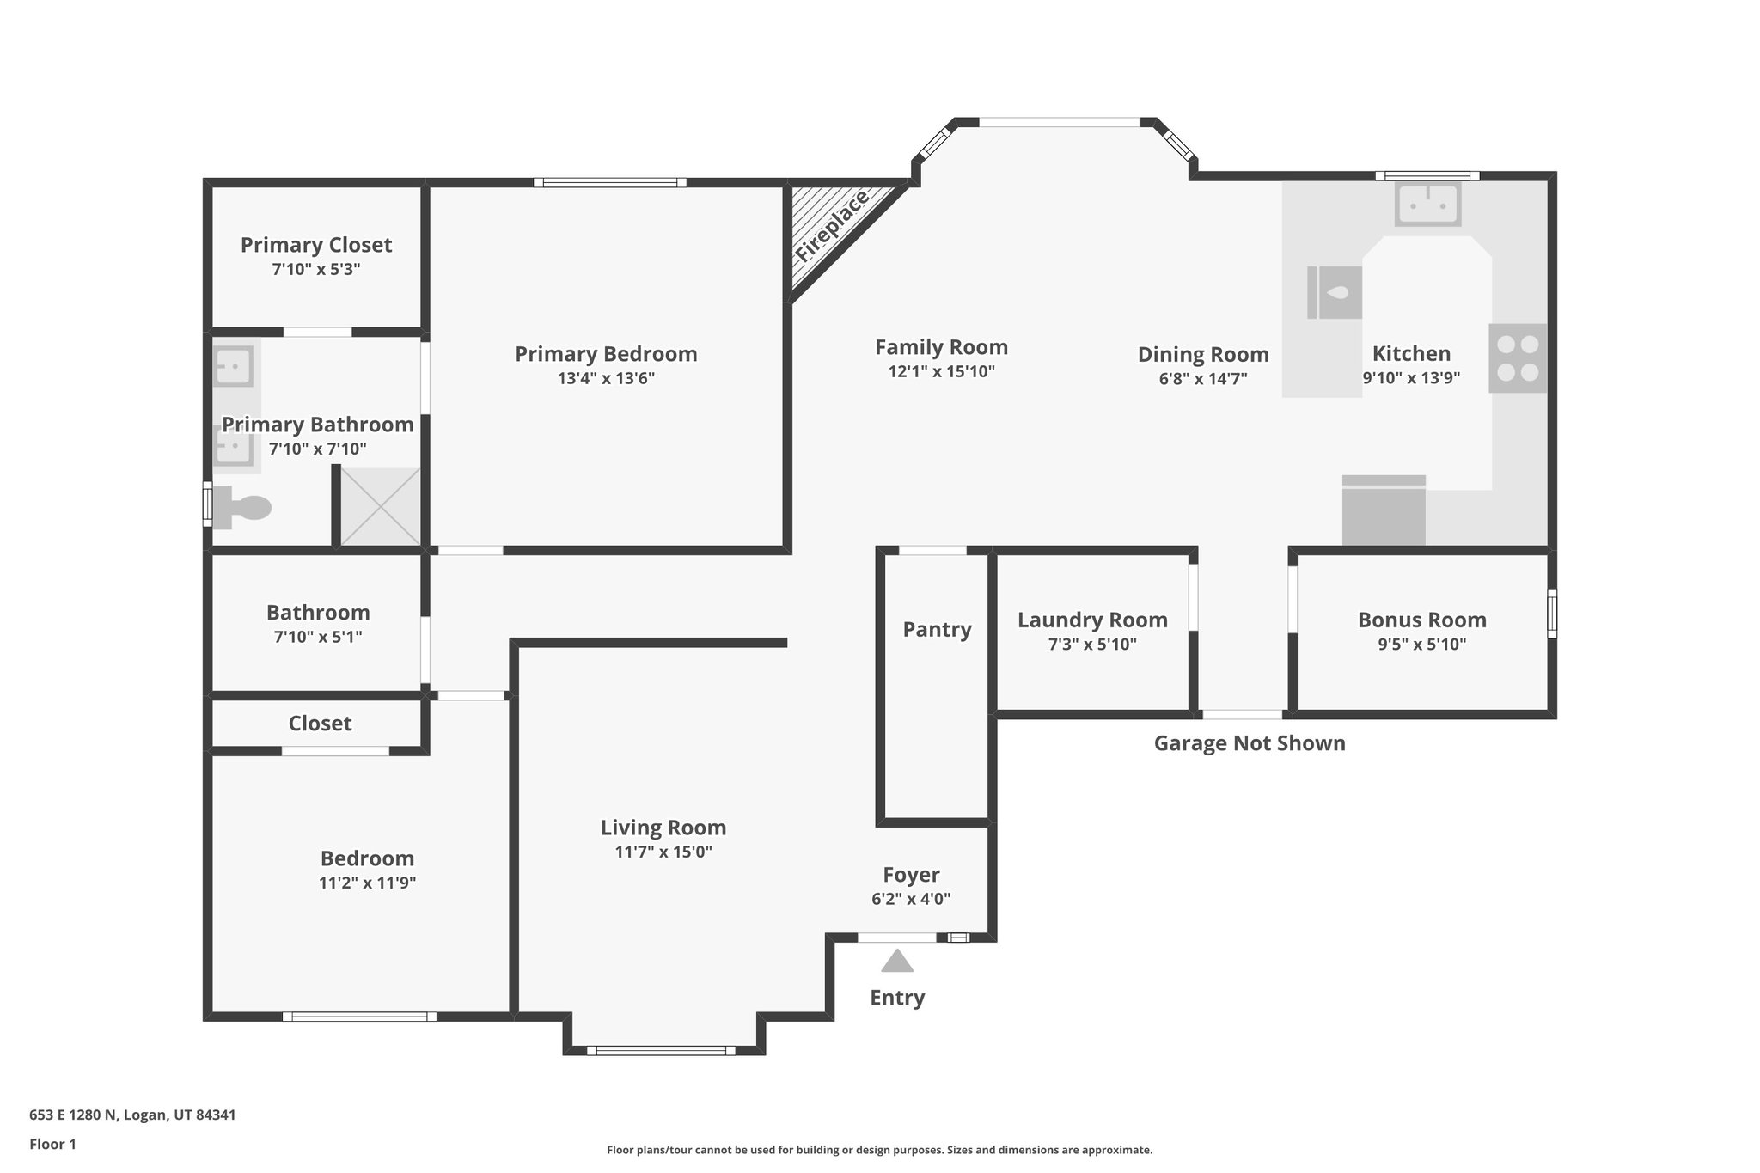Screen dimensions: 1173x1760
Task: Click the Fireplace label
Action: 832,227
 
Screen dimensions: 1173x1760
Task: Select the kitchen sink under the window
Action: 1427,205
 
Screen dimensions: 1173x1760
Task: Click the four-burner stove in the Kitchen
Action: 1518,358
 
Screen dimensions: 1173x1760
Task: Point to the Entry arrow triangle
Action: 896,962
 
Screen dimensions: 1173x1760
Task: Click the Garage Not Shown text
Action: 1249,743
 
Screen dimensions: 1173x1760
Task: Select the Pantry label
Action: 937,630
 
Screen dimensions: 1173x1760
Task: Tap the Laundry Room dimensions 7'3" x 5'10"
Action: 1092,645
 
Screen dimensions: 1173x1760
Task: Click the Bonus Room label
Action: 1421,620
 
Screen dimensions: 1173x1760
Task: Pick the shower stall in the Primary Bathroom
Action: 381,507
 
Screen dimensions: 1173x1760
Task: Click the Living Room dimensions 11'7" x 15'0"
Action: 663,852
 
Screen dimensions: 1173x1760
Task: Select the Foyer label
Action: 911,875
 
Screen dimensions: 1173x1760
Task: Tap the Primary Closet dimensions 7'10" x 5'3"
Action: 315,270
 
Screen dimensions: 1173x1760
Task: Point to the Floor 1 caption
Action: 52,1145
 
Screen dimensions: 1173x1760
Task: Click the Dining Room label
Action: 1202,354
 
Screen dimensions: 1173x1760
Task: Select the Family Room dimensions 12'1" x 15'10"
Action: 941,372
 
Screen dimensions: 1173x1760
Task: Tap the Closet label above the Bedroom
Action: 320,724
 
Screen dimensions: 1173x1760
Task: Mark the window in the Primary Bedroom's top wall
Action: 609,182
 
